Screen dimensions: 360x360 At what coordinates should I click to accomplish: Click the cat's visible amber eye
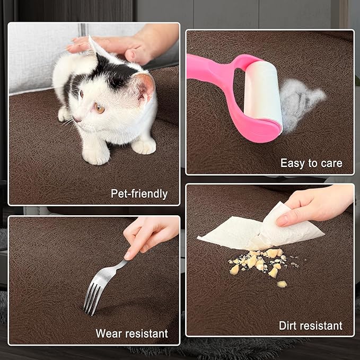pos(100,108)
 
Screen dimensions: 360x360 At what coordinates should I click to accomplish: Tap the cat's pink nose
pos(76,119)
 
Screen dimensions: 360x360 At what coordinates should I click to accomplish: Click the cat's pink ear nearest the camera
pos(144,87)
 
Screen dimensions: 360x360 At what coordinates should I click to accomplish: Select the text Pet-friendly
pos(139,194)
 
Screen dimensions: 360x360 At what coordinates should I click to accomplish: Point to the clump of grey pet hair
pos(300,103)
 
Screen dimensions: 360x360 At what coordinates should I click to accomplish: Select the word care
pos(331,163)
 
